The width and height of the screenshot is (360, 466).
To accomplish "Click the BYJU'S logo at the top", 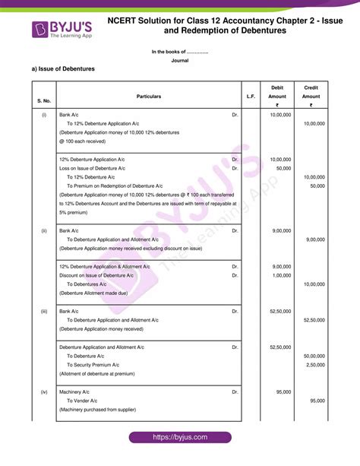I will click(x=62, y=30).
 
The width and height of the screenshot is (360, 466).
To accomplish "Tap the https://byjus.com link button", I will click(x=179, y=438).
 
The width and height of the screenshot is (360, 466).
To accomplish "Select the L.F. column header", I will click(x=251, y=97).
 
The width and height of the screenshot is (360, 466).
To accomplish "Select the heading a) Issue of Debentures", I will click(x=63, y=68).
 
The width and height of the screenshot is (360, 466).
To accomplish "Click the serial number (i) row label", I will click(x=43, y=114).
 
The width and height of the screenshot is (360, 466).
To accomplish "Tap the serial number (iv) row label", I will click(x=43, y=391).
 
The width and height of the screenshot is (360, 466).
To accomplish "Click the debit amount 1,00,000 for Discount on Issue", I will click(x=281, y=275).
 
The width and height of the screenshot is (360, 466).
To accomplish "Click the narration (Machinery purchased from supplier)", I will click(x=97, y=409).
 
